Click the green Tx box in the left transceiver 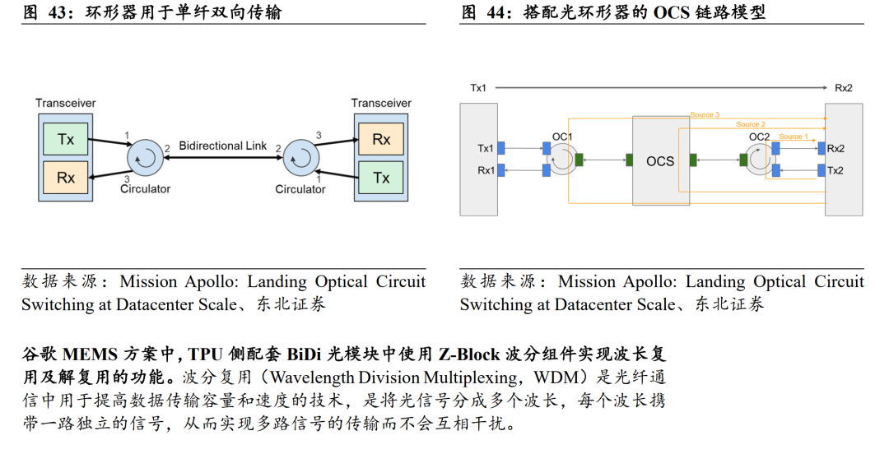pos(66,139)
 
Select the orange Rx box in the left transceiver pos(66,178)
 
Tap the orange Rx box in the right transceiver pos(381,139)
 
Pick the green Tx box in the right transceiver pos(381,178)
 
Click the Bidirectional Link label pos(223,146)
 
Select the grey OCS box pos(661,161)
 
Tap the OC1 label pos(562,137)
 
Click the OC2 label pos(759,137)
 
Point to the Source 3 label pos(705,114)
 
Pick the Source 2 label pos(751,124)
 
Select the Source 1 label pos(794,137)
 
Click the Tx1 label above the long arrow pos(478,88)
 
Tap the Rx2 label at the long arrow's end pos(844,88)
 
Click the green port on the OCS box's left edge pos(630,160)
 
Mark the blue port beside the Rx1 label pos(501,170)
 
